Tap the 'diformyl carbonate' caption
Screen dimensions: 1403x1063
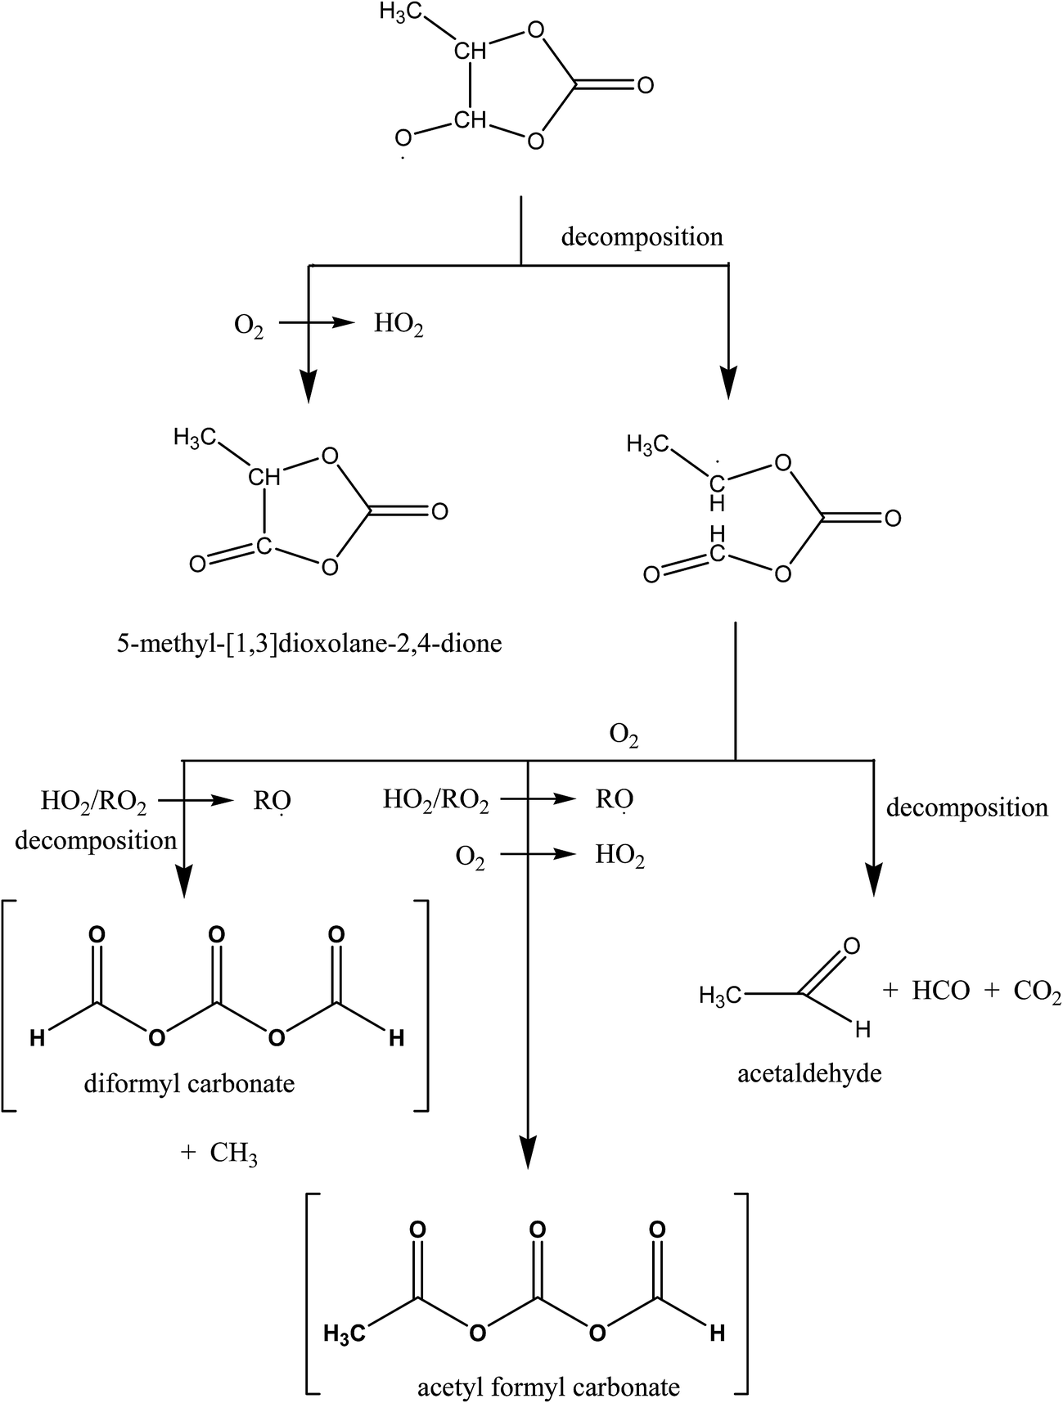(189, 1084)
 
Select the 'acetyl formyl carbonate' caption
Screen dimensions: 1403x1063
(548, 1387)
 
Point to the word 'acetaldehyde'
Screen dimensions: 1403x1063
(809, 1072)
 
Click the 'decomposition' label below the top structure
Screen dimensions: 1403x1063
(642, 237)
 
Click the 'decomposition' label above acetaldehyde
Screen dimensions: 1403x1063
(966, 807)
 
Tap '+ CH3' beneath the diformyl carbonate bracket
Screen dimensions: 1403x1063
(219, 1153)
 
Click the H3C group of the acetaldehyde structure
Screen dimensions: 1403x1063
(720, 996)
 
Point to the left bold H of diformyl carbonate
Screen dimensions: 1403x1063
(37, 1039)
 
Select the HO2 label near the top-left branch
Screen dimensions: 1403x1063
(399, 325)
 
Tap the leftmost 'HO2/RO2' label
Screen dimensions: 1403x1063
(93, 802)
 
